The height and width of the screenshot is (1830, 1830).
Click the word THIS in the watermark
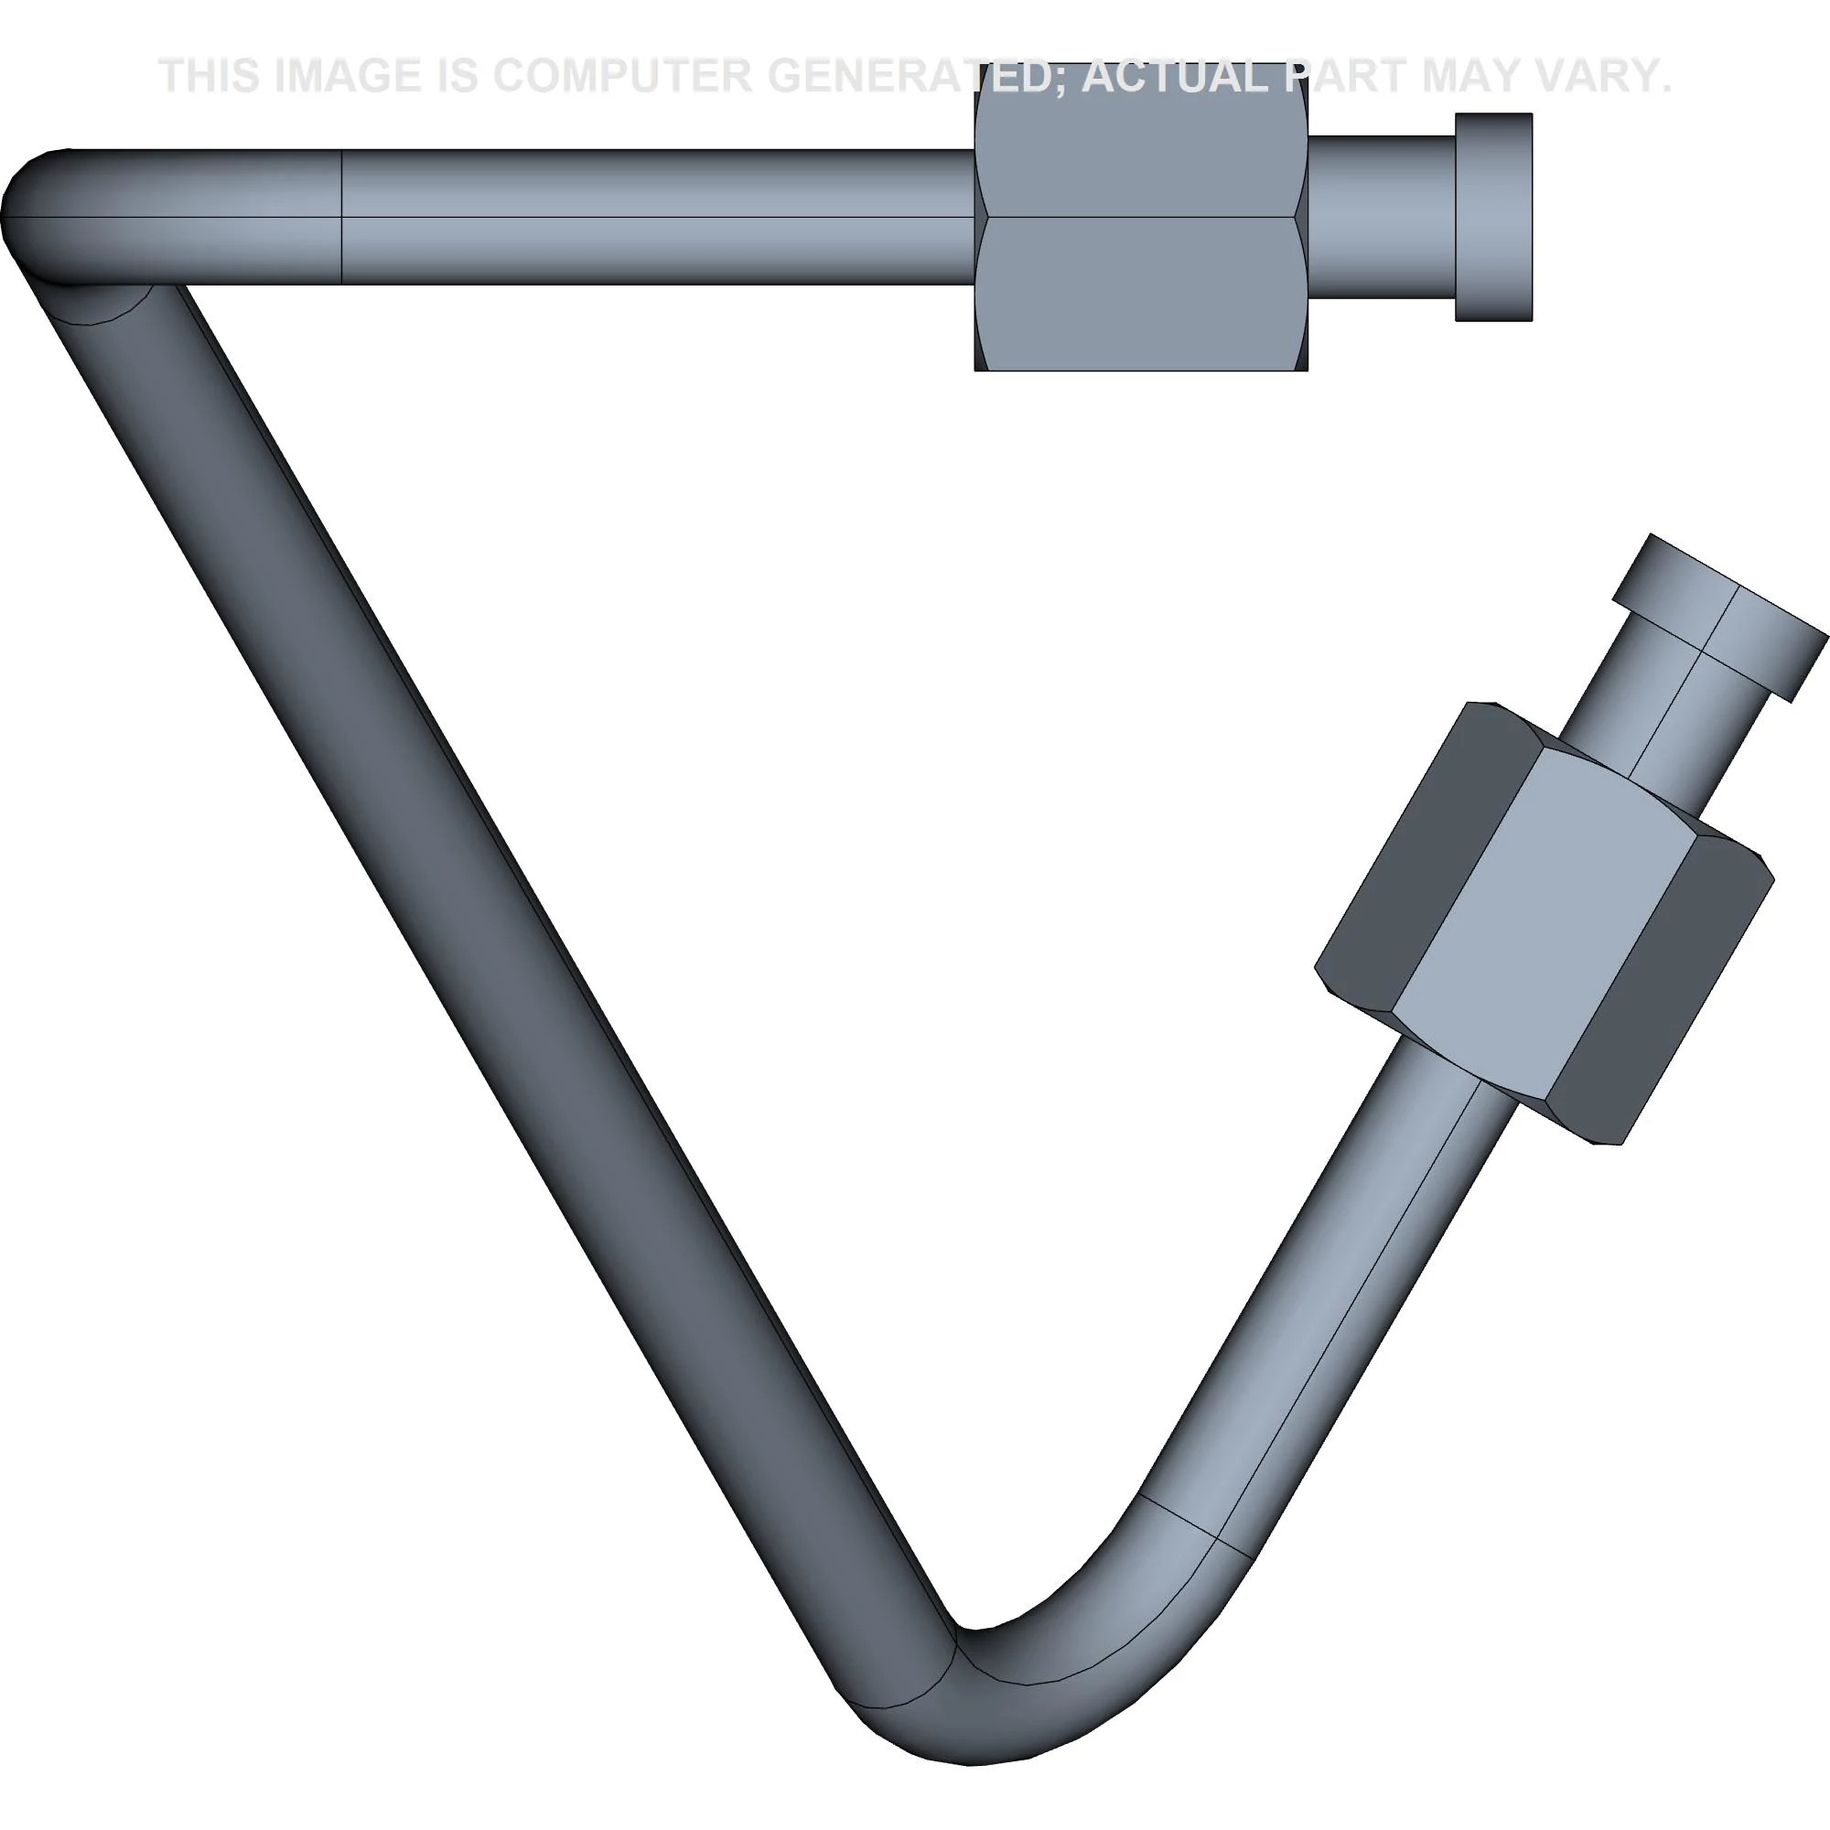[210, 76]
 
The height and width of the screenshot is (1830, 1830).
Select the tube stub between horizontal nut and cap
[1380, 217]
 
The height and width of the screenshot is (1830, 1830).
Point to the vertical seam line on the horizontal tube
[341, 217]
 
